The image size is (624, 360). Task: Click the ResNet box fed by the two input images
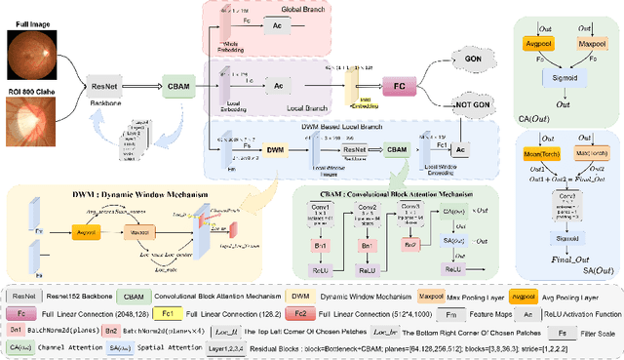(x=103, y=85)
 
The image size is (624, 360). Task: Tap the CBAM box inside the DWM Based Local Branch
(x=397, y=151)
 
